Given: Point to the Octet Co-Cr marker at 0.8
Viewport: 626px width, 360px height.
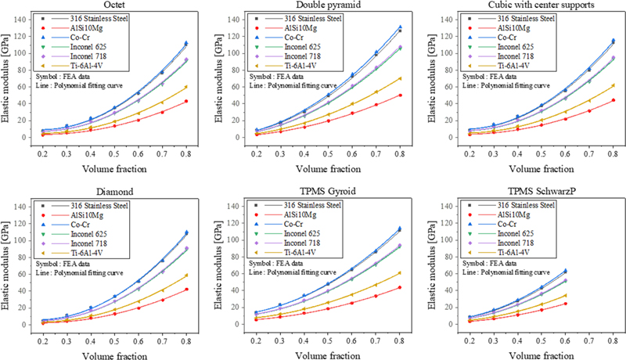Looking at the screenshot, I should coord(186,43).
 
